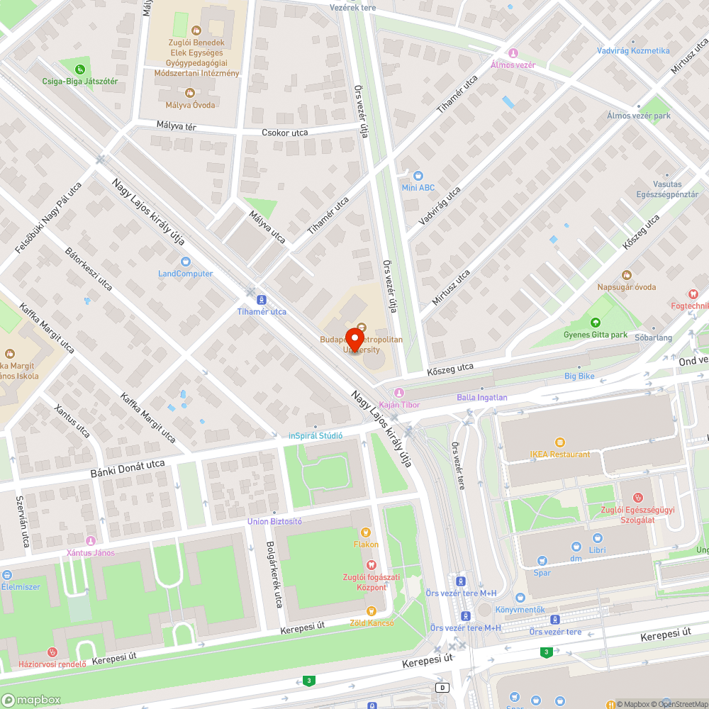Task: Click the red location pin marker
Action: [x=354, y=338]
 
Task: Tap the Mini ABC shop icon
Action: [x=418, y=175]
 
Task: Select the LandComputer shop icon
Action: [x=186, y=262]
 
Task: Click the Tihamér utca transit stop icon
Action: [x=262, y=300]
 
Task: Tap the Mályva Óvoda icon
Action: [x=189, y=93]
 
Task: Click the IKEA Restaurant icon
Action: [x=559, y=442]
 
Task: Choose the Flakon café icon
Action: [x=366, y=532]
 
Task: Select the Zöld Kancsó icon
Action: [x=370, y=610]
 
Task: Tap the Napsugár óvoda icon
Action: [x=626, y=275]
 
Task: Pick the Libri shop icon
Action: [x=597, y=538]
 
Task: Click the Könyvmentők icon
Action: [x=520, y=598]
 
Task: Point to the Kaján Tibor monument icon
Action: [x=399, y=392]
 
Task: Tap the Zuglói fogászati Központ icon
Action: [x=369, y=564]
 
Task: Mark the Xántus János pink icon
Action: [x=90, y=541]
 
